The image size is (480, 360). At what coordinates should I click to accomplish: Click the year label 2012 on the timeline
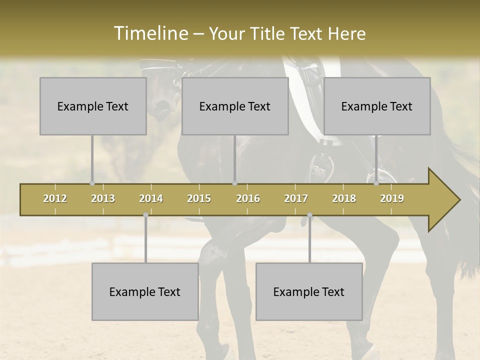tap(55, 198)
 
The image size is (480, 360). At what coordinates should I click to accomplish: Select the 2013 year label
tap(103, 198)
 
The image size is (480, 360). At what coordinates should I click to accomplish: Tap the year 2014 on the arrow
tap(151, 198)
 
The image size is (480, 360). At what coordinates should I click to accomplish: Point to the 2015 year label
tap(199, 198)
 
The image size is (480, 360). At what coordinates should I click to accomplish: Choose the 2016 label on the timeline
tap(248, 198)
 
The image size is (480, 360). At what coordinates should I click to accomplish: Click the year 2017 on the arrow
tap(296, 198)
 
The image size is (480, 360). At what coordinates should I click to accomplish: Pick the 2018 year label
tap(344, 198)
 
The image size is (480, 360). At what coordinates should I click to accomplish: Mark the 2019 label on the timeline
tap(392, 198)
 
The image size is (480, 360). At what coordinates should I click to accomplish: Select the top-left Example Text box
tap(93, 106)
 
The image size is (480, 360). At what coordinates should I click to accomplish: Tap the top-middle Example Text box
tap(235, 106)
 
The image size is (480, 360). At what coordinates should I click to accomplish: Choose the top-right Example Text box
tap(377, 106)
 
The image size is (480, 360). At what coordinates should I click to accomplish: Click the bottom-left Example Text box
tap(145, 291)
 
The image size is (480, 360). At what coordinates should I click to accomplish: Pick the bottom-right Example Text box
tap(309, 291)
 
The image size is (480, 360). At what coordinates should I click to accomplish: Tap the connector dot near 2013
tap(92, 183)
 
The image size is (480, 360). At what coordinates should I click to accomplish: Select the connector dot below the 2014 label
tap(145, 215)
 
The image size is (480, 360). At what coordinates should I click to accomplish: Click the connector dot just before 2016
tap(234, 183)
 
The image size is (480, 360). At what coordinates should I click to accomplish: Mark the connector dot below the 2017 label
tap(309, 215)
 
